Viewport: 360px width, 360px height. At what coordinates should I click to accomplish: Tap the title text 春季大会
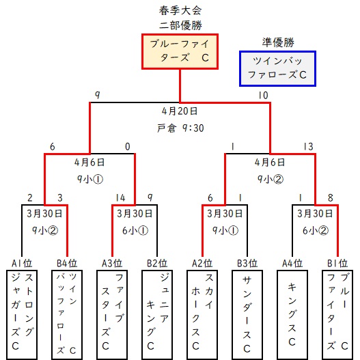[x=180, y=10]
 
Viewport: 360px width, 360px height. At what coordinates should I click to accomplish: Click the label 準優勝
[x=278, y=42]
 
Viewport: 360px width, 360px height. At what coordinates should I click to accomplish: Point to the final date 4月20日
[x=180, y=111]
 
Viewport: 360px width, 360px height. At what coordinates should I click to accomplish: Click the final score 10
[x=263, y=95]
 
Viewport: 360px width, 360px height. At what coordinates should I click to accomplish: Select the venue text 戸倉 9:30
[x=180, y=128]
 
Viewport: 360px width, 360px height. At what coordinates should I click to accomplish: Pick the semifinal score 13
[x=308, y=146]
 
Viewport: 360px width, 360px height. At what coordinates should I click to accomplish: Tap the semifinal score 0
[x=128, y=146]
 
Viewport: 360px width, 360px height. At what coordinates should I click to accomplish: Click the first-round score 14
[x=120, y=197]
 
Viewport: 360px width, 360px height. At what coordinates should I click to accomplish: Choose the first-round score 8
[x=330, y=197]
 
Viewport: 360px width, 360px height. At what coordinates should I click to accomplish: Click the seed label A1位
[x=22, y=264]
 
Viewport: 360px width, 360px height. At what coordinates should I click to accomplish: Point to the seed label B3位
[x=247, y=264]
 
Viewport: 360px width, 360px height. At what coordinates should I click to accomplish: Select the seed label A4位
[x=292, y=264]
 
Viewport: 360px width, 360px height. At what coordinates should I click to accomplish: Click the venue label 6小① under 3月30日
[x=135, y=230]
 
